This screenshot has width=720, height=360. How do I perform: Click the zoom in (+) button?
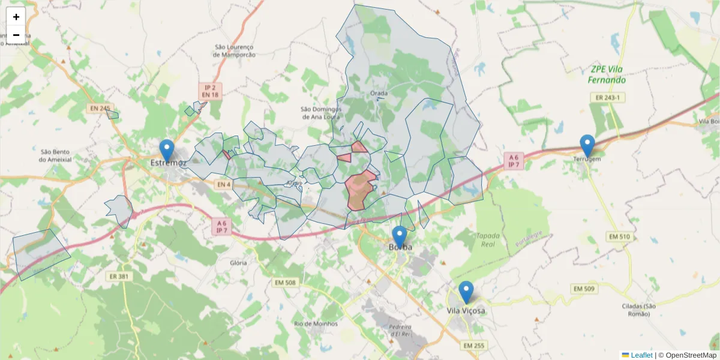16,17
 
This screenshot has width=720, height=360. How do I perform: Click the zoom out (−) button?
16,35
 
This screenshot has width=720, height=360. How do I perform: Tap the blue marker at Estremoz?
167,150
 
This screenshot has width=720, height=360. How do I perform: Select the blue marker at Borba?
399,236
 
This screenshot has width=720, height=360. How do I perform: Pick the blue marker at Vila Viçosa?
466,292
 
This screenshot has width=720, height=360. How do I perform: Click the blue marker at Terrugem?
587,146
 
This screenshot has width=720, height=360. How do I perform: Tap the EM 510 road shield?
618,236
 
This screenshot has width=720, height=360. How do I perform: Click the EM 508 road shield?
285,283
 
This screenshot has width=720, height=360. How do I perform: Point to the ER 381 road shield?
119,276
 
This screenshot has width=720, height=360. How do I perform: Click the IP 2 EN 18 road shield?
210,91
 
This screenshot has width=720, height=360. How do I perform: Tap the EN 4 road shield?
223,184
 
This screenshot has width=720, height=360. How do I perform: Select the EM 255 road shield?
475,346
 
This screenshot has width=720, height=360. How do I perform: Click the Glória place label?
238,263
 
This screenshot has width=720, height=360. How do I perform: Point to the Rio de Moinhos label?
316,323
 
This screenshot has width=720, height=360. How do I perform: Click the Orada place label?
379,93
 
